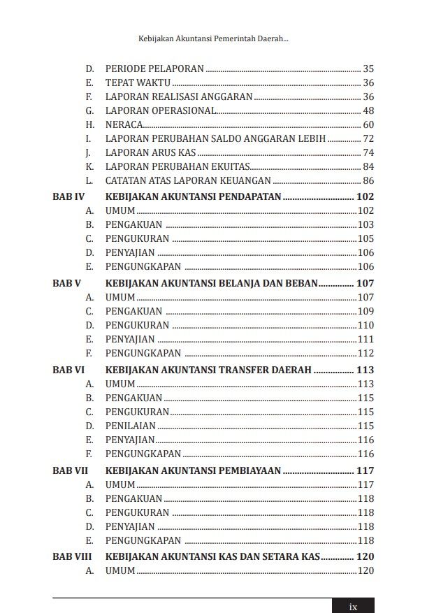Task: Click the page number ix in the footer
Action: coord(353,606)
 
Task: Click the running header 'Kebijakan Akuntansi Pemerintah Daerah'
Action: coord(214,41)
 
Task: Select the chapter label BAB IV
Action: coord(68,197)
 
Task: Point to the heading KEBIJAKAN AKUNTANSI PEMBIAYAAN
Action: coord(194,471)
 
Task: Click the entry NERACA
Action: coord(124,124)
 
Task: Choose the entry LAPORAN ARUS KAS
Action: coord(150,152)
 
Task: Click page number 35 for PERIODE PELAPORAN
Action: coord(368,68)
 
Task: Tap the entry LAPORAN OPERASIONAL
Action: coord(161,110)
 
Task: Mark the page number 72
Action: coord(368,138)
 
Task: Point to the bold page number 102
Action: coord(366,197)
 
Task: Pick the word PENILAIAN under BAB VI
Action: coord(131,426)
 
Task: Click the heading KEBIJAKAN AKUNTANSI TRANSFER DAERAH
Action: coord(208,370)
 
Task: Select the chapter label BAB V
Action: coord(67,284)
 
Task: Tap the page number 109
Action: coord(366,311)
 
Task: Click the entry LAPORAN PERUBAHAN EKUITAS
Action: coord(177,166)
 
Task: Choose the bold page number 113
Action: coord(366,370)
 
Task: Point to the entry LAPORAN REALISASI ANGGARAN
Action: coord(179,96)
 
